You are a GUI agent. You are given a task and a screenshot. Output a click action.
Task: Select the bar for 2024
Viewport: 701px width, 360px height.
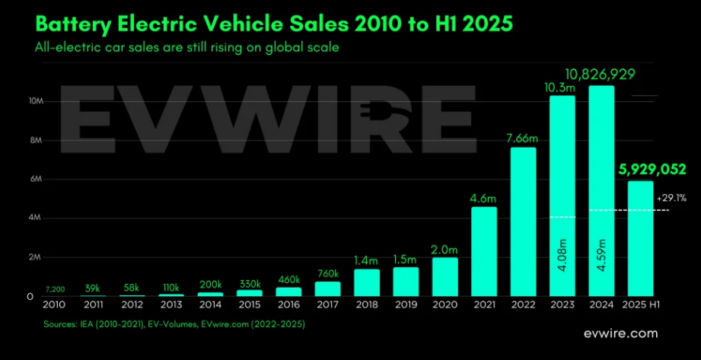pos(601,190)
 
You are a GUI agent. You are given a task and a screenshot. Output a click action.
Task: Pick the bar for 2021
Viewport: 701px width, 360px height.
pos(484,251)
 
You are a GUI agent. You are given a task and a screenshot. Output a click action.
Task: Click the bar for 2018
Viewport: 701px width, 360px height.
pos(367,282)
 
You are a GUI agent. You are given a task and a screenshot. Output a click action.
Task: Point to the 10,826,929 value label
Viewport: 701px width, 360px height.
pos(601,74)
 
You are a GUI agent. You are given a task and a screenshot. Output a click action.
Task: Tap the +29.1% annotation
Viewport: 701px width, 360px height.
pos(667,199)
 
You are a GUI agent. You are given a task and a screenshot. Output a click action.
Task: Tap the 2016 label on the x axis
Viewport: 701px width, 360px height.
pos(288,305)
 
